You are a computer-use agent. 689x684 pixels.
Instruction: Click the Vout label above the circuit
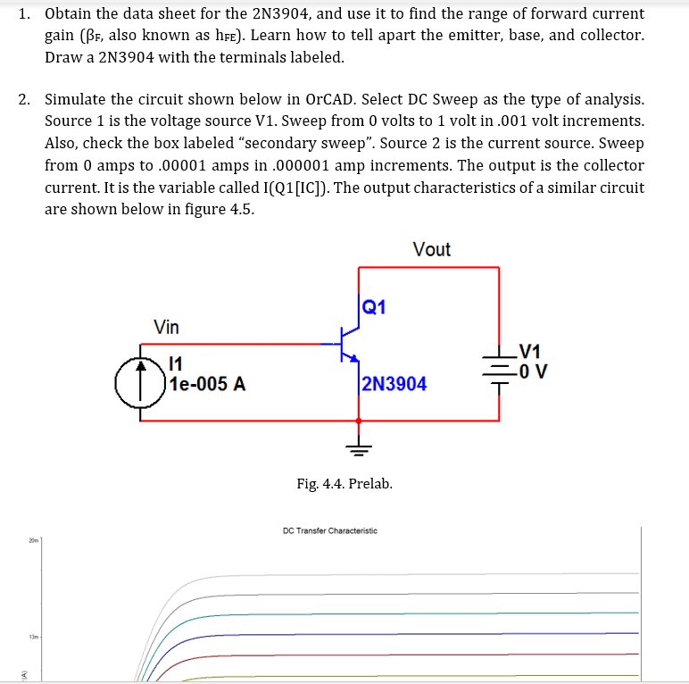click(x=431, y=249)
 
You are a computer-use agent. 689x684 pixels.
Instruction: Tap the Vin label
click(x=166, y=327)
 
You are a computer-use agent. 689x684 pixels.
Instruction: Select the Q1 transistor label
click(x=375, y=307)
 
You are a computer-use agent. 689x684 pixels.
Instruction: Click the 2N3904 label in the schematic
click(x=394, y=384)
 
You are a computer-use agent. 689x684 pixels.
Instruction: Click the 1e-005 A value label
click(x=207, y=385)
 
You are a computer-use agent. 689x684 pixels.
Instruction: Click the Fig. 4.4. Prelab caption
click(x=344, y=484)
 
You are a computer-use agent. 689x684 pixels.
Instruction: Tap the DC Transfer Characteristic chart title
click(x=329, y=530)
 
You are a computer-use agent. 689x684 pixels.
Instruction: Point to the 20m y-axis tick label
click(x=31, y=541)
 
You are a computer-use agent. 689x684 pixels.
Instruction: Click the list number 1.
click(x=24, y=14)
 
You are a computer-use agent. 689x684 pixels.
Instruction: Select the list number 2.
click(x=24, y=99)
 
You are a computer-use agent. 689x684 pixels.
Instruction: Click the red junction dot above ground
click(x=359, y=420)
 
